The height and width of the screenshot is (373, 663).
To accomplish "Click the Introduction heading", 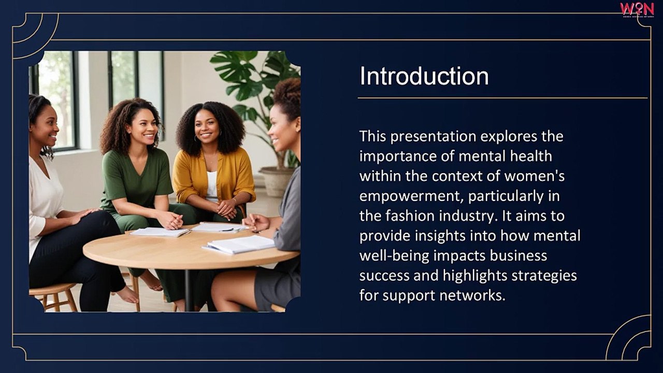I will coord(424,76).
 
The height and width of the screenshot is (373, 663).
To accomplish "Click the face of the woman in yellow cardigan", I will coord(207,126).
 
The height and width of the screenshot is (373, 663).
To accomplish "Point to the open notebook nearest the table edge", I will coord(240,245).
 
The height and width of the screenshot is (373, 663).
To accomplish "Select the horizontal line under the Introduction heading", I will coord(502,97).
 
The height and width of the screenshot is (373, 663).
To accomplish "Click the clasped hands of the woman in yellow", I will coord(226,208).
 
